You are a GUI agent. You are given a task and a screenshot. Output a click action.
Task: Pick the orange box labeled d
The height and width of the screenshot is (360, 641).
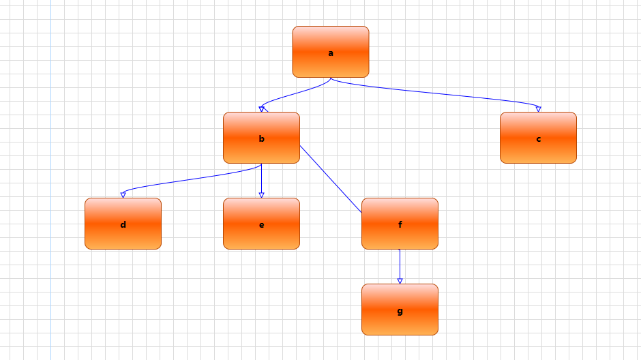(x=123, y=236)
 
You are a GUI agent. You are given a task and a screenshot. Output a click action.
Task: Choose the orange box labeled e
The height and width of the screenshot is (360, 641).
(x=261, y=236)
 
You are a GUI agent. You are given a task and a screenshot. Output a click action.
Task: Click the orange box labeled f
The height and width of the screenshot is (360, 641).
(x=400, y=236)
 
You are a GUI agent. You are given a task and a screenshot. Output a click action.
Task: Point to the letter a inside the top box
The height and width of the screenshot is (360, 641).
(x=331, y=52)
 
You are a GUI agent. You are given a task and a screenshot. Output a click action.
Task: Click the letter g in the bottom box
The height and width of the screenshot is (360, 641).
(x=400, y=311)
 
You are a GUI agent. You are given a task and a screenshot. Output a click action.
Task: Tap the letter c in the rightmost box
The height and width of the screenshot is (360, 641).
(x=538, y=139)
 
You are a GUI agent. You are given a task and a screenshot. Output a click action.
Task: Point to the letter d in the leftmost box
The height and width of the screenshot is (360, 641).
(x=123, y=225)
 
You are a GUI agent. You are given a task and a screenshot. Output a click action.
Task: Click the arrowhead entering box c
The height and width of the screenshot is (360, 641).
(x=538, y=109)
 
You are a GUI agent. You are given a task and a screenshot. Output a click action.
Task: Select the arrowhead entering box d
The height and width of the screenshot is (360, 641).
(x=123, y=195)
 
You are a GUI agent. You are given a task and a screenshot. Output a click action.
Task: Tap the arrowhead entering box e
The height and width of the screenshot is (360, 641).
(x=261, y=195)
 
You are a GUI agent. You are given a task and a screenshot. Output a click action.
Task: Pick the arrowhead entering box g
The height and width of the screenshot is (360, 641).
(x=400, y=281)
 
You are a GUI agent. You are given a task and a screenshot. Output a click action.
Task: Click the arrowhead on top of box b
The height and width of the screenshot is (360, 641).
(x=262, y=109)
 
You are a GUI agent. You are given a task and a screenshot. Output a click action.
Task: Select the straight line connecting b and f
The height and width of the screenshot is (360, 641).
(x=331, y=179)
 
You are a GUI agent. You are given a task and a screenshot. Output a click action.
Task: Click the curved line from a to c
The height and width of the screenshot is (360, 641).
(x=436, y=94)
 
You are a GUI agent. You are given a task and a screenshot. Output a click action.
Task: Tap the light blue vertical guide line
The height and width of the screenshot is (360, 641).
(x=50, y=205)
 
